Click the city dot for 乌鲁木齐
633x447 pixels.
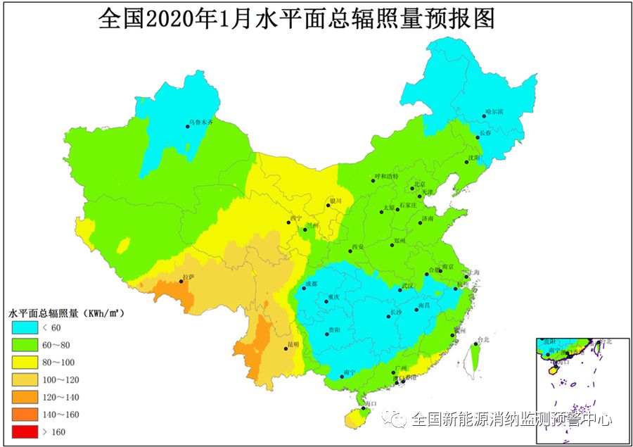[x=188, y=127]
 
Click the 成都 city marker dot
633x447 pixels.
[x=304, y=288]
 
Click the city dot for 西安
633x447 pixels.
[x=350, y=251]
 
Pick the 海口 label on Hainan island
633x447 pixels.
[x=371, y=403]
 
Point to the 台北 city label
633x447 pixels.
[x=482, y=340]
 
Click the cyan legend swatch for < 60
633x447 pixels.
[x=25, y=327]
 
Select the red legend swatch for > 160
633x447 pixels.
[x=25, y=432]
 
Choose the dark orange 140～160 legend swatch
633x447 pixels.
[x=25, y=414]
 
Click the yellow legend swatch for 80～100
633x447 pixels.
[x=25, y=362]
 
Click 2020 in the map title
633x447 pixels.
[x=165, y=19]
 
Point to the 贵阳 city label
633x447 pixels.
[x=335, y=330]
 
